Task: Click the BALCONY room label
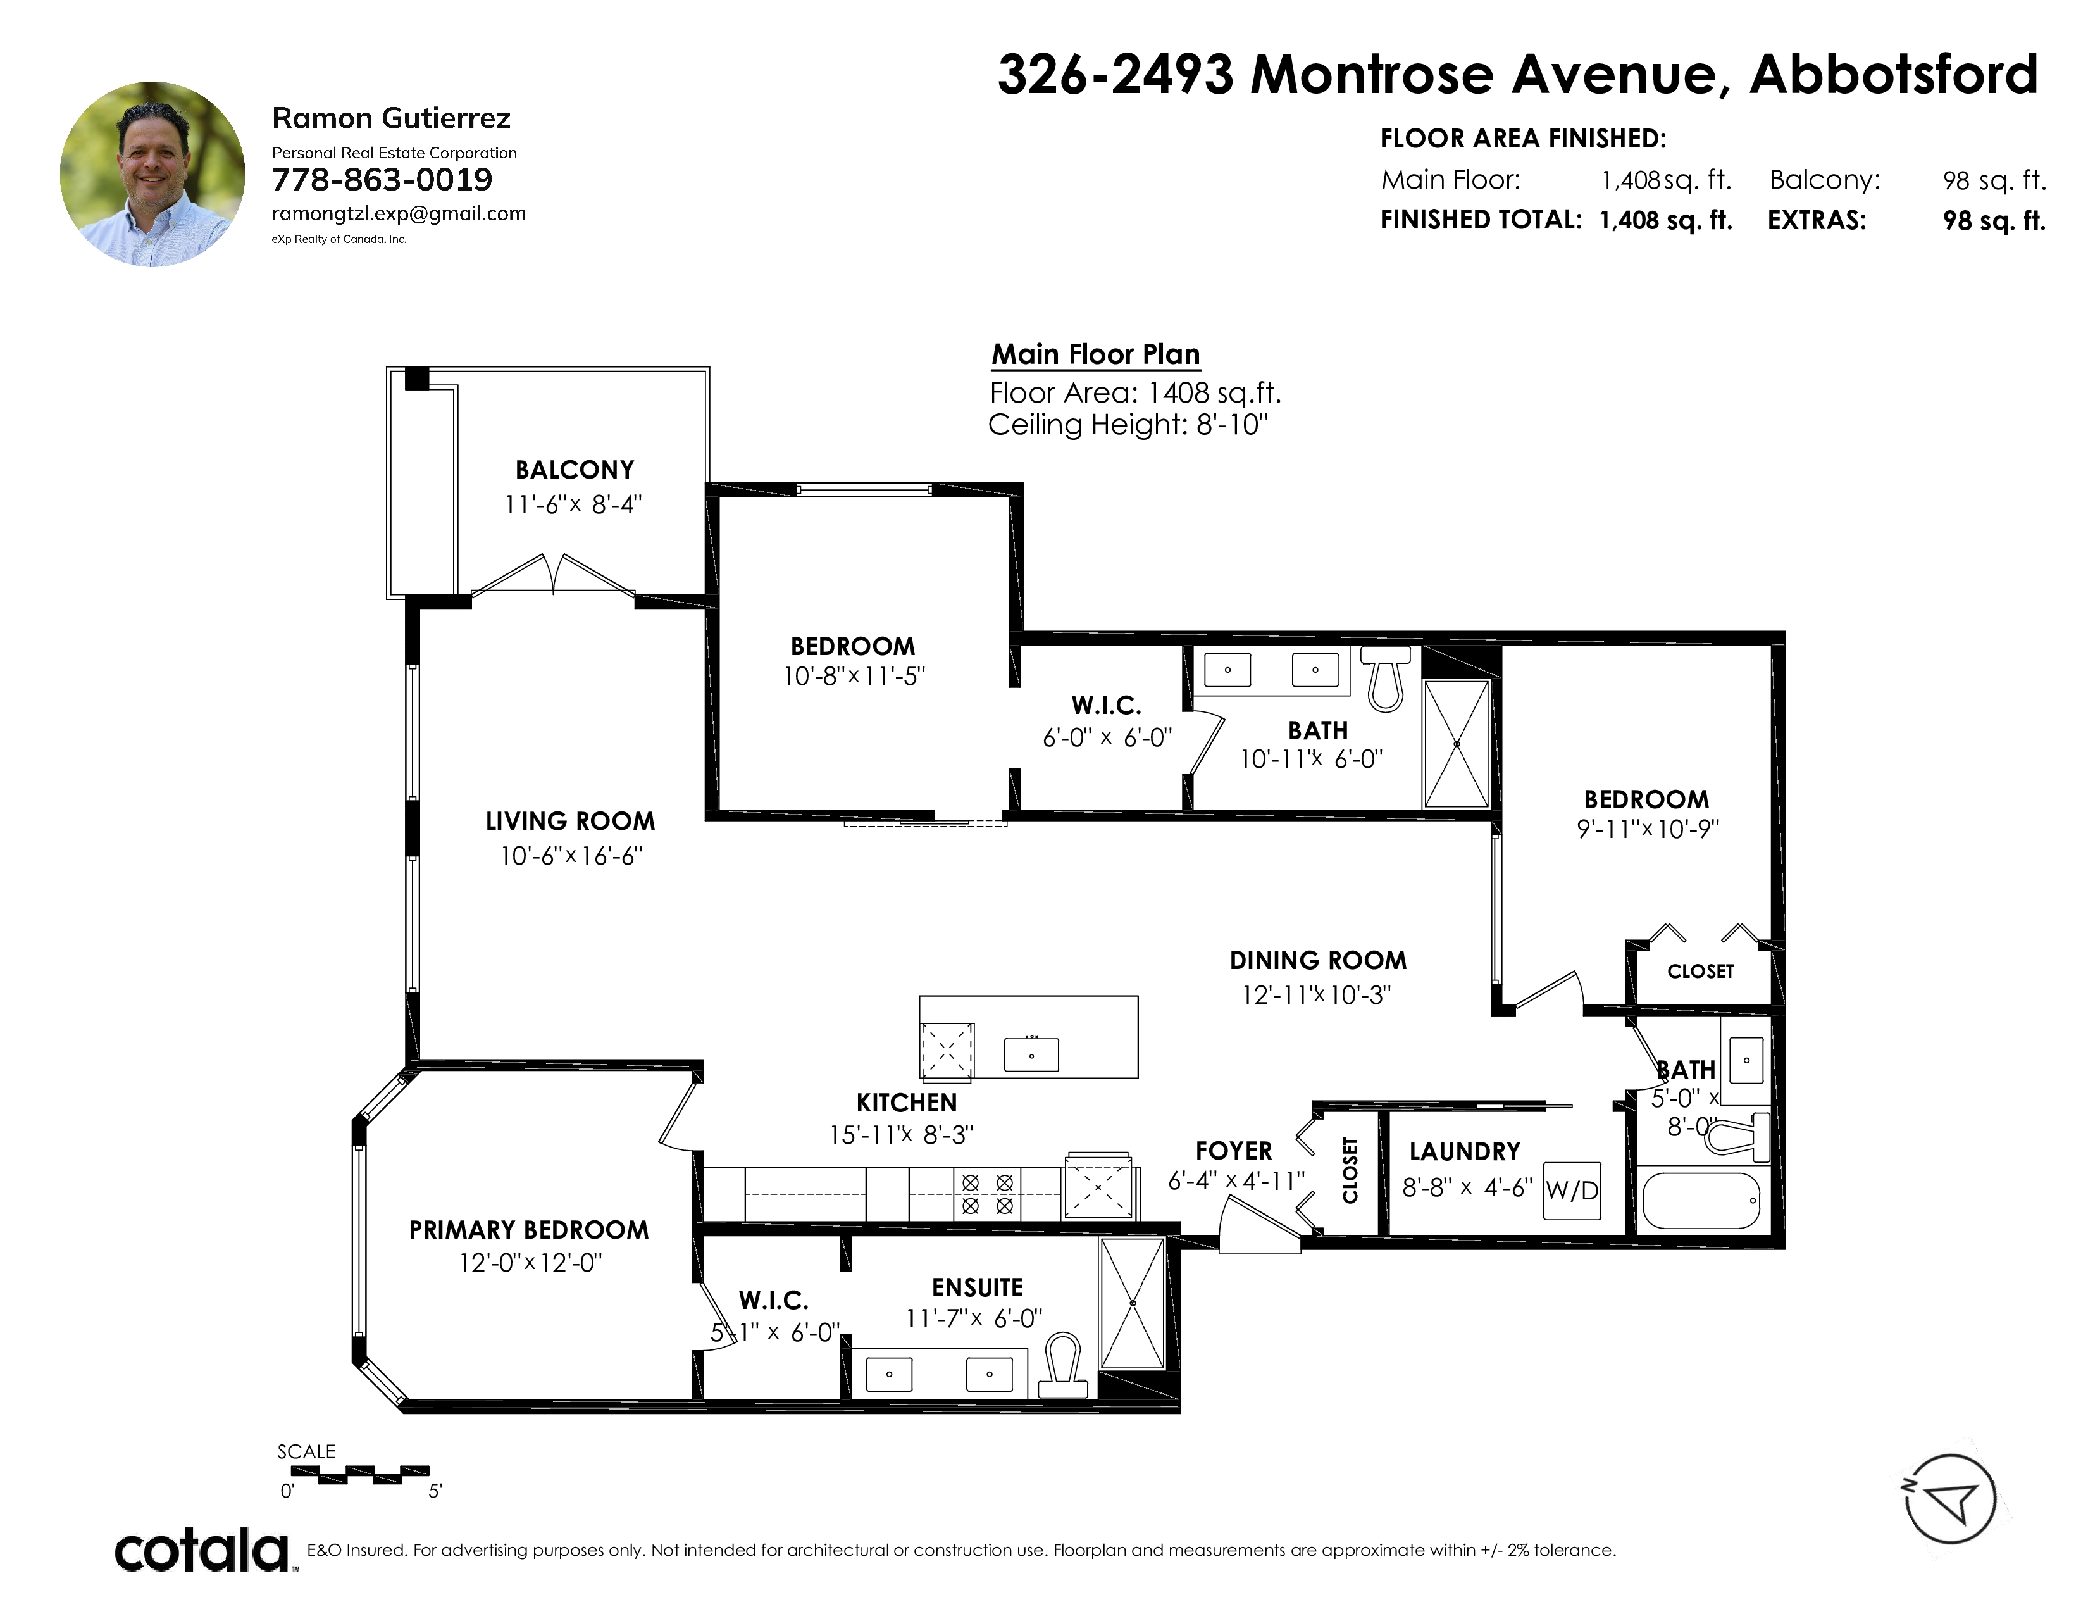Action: (575, 470)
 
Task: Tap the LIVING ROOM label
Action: (570, 822)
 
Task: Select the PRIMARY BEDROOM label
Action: (529, 1230)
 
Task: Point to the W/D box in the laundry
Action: (1572, 1191)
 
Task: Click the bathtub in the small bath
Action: (1701, 1201)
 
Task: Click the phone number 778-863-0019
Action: (382, 180)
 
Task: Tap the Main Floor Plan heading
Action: (1096, 354)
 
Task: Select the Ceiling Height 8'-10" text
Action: (1128, 425)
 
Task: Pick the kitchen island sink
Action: (1031, 1054)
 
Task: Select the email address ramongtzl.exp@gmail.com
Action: (399, 214)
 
